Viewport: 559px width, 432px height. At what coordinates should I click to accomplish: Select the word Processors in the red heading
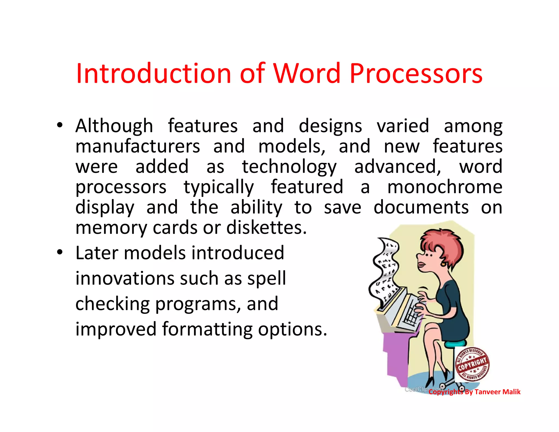[416, 74]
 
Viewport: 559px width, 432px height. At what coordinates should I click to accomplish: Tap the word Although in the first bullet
[114, 126]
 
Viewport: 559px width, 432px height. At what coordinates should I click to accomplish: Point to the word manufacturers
[138, 146]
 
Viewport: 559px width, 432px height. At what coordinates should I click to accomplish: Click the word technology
[289, 167]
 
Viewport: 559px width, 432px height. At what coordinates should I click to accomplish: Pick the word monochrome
[445, 187]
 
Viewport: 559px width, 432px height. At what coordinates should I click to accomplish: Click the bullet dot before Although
[60, 126]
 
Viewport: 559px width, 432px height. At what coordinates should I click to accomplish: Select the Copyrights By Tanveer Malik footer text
[474, 392]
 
